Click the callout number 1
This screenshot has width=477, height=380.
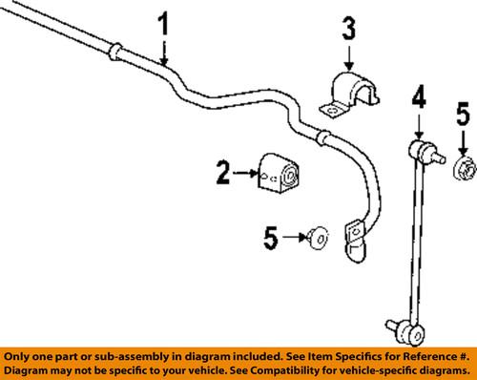(x=165, y=27)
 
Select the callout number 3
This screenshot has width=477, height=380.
(x=349, y=30)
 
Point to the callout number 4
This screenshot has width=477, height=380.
(x=418, y=97)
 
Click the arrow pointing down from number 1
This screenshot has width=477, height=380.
(x=165, y=53)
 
